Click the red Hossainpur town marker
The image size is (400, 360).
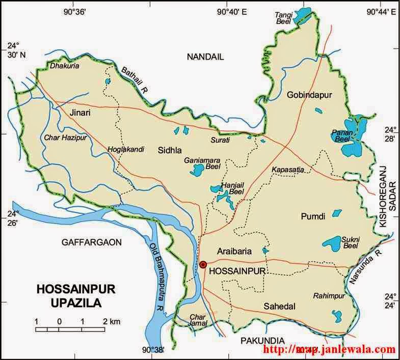pos(203,264)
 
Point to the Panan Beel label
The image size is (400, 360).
pos(339,135)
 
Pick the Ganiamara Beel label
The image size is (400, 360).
pos(201,162)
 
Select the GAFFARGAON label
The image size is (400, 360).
pos(92,242)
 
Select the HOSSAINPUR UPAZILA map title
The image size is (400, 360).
pos(76,296)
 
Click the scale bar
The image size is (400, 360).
pos(71,329)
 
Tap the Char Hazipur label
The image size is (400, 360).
pos(63,137)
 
